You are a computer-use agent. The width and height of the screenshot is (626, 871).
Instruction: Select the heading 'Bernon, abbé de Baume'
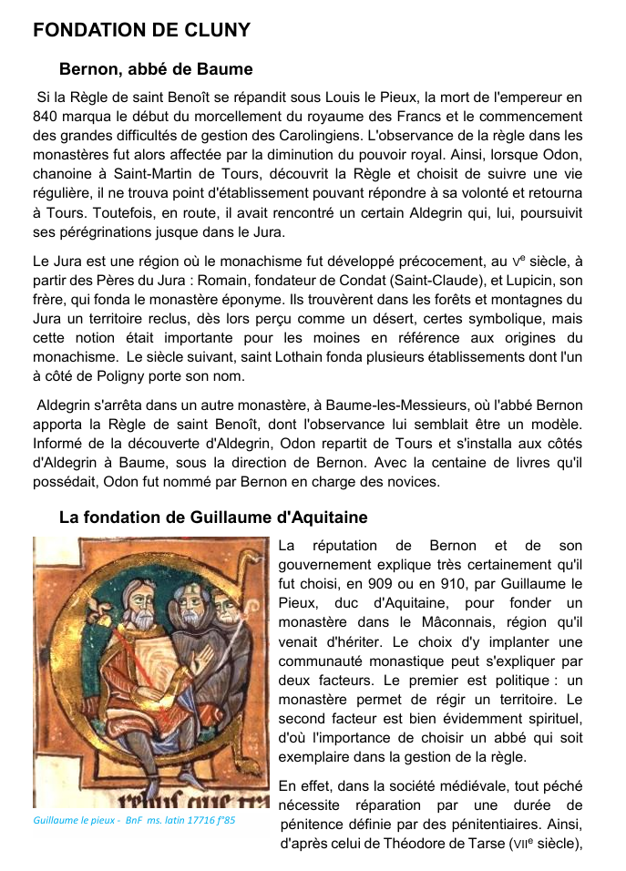(156, 69)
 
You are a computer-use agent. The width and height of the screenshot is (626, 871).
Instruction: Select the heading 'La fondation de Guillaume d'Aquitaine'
(213, 517)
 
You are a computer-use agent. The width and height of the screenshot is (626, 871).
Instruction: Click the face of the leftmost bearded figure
(139, 604)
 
